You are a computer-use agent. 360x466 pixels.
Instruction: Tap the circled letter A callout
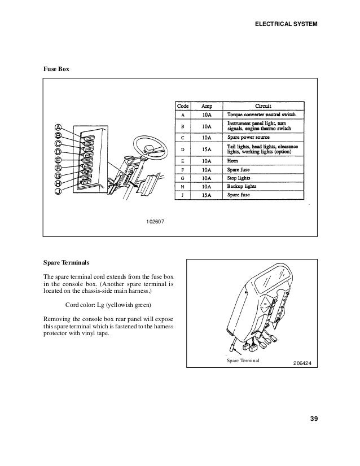[59, 126]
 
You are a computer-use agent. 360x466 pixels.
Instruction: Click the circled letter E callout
[59, 159]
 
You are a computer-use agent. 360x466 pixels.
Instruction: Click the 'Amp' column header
[207, 105]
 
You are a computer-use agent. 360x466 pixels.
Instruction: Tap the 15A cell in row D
[207, 150]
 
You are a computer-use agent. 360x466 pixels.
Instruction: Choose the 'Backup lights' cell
[243, 186]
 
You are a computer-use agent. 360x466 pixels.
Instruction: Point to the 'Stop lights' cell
[239, 177]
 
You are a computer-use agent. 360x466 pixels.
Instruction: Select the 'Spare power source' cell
[249, 137]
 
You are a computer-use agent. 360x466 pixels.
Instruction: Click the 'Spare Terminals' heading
[65, 262]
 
